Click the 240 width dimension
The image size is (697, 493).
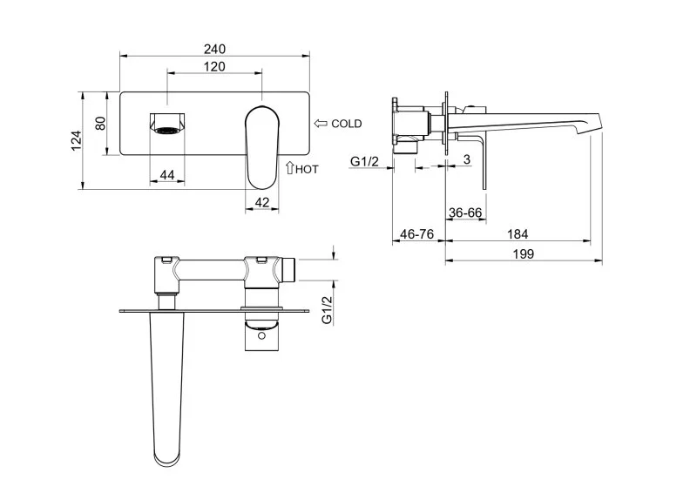pos(214,49)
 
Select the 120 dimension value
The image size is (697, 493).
pos(214,67)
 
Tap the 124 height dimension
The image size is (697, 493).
pos(77,140)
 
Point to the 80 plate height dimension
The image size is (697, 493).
pos(101,123)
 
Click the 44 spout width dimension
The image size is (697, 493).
pos(167,175)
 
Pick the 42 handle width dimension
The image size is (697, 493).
pos(262,203)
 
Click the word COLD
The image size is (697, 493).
pos(347,124)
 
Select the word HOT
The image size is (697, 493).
pos(308,169)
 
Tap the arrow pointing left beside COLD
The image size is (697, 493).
pos(321,124)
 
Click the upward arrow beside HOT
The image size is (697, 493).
pos(290,167)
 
